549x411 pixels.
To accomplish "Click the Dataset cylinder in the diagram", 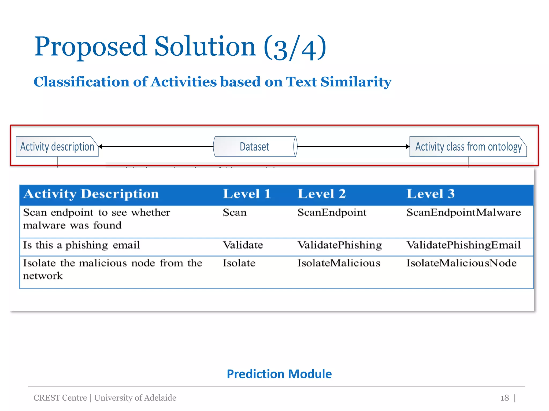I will tap(255, 147).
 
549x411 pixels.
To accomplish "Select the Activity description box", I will tap(57, 147).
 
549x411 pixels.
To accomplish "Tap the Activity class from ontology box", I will tap(468, 147).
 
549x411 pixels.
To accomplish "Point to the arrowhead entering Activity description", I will tap(101, 146).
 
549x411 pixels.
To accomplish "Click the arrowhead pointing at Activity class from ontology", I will tap(407, 146).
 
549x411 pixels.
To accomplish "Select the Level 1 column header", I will tap(247, 194).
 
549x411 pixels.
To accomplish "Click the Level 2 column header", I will tap(321, 194).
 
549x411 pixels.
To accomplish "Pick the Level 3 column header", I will tap(431, 194).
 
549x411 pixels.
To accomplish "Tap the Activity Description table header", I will tap(91, 194).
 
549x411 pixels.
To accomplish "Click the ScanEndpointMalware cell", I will tap(463, 212).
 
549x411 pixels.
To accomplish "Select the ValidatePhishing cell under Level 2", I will tap(339, 245).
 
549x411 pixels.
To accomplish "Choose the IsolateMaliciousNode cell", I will tap(461, 263).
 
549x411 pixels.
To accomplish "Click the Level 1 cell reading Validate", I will tap(243, 245).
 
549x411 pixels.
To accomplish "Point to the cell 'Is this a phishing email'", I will tap(81, 245).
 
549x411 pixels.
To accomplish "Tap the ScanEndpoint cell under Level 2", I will tap(332, 212).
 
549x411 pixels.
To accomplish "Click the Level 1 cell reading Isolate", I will tap(239, 263).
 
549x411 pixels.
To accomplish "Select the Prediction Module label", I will tap(279, 374).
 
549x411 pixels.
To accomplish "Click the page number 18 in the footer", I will tap(505, 398).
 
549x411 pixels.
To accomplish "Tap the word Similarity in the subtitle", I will tap(356, 82).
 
